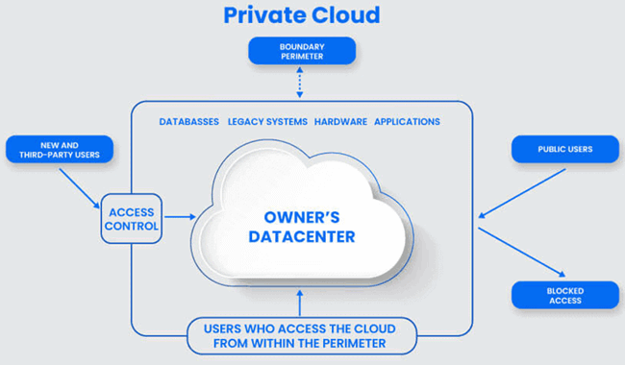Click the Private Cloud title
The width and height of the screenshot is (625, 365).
click(x=302, y=15)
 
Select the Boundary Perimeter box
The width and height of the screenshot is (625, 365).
click(x=302, y=50)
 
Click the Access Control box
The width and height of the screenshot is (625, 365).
click(x=132, y=220)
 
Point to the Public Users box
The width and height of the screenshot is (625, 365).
click(x=565, y=149)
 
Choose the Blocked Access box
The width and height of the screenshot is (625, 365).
click(x=565, y=295)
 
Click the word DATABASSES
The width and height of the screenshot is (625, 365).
click(x=188, y=122)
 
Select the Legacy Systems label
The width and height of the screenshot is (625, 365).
click(x=268, y=122)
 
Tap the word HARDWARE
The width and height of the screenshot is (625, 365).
click(x=340, y=122)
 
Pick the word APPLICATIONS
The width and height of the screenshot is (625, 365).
click(x=407, y=122)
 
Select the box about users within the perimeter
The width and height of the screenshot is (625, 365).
click(x=302, y=335)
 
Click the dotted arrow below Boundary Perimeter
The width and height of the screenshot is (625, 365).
click(x=302, y=83)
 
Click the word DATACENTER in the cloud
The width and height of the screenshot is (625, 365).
click(x=302, y=236)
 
